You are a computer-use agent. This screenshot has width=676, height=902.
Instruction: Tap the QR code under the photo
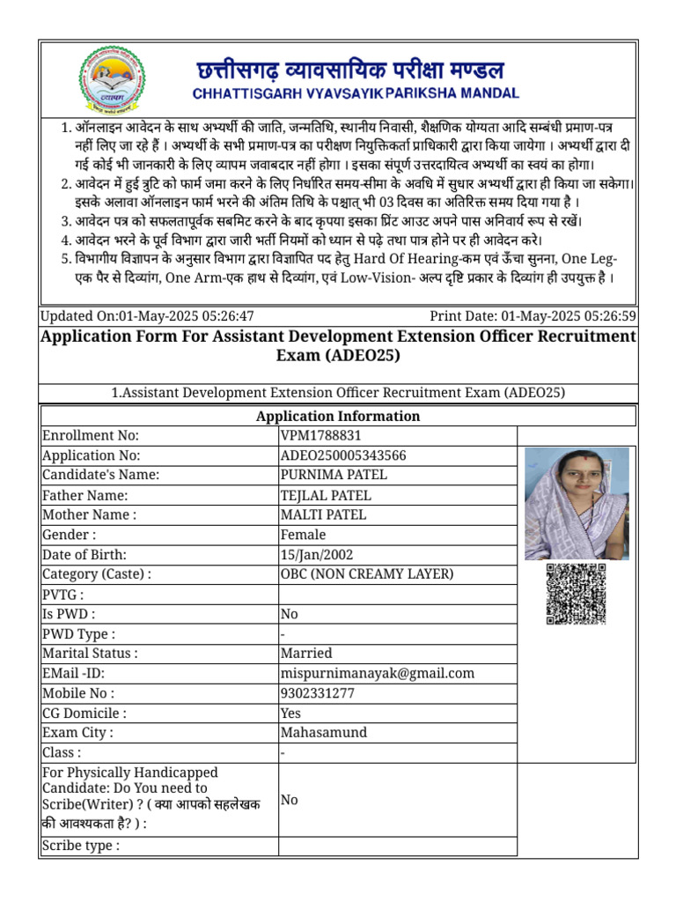click(x=577, y=594)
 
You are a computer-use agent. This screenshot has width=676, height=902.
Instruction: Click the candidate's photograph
click(x=577, y=503)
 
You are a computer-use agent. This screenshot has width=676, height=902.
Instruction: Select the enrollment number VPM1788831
click(x=320, y=436)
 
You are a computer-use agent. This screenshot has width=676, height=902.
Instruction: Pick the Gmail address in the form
click(x=377, y=673)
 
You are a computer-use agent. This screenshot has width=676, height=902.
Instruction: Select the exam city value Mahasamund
click(x=323, y=732)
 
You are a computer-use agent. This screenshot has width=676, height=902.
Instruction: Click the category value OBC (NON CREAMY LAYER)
click(x=367, y=574)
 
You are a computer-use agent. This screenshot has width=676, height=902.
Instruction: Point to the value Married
click(x=305, y=654)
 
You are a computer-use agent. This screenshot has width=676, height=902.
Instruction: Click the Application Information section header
click(x=337, y=416)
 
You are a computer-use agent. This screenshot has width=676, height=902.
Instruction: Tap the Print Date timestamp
click(x=533, y=316)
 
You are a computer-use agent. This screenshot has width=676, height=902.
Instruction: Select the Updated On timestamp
click(x=148, y=316)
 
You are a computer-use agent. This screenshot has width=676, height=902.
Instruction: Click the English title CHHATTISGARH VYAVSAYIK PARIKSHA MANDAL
click(x=355, y=92)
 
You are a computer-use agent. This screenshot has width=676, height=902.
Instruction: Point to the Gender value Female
click(x=303, y=535)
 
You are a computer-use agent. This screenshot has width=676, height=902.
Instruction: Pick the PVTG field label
click(x=63, y=595)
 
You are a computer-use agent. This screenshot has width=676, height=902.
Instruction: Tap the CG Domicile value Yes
click(x=290, y=713)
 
